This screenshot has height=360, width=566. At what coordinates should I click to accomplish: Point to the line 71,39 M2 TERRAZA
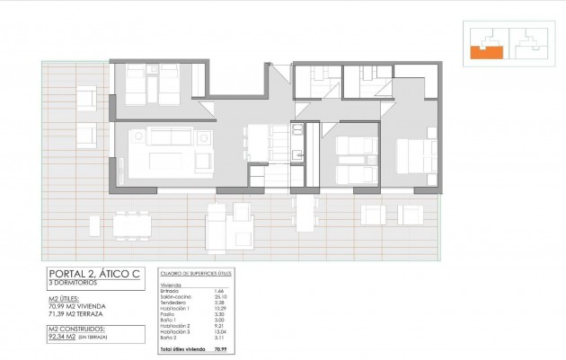(x=80, y=315)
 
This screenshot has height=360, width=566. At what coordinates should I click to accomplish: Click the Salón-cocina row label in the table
(x=175, y=296)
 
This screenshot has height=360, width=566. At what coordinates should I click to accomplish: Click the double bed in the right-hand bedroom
(x=416, y=154)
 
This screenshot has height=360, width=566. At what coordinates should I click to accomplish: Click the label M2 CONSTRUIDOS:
(x=75, y=329)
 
